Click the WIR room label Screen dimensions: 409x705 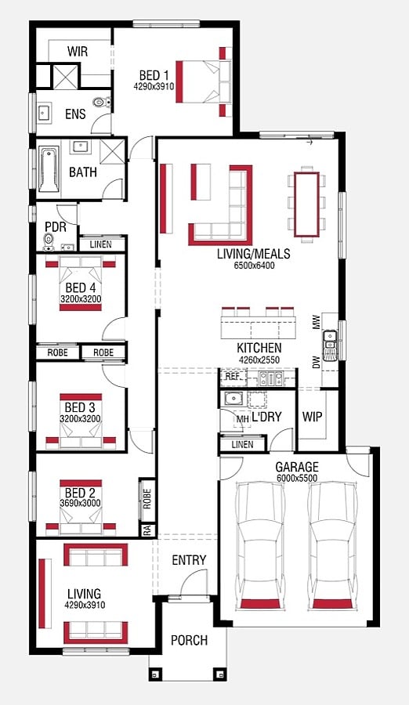tap(78, 51)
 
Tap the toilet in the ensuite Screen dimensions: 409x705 tap(102, 102)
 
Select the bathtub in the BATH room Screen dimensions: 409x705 tap(48, 169)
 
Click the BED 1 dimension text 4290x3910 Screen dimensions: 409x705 tap(154, 86)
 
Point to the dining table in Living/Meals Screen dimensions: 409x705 tap(307, 204)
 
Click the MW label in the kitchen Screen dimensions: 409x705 tap(317, 322)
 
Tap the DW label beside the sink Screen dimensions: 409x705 tap(317, 362)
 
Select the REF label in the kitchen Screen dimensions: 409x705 tap(232, 376)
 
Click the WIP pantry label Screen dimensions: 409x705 tap(312, 417)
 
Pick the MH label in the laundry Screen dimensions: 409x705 tap(243, 419)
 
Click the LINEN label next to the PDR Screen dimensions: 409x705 tap(101, 245)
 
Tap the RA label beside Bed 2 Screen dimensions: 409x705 tap(147, 530)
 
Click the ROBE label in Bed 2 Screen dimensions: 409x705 tap(147, 499)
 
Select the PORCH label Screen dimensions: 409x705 tap(189, 640)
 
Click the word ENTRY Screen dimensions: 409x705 tap(189, 560)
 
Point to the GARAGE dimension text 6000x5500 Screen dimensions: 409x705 tap(296, 478)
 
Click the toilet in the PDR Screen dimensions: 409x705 tap(48, 241)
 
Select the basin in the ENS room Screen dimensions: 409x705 tap(44, 112)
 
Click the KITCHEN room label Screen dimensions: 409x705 tap(259, 348)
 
